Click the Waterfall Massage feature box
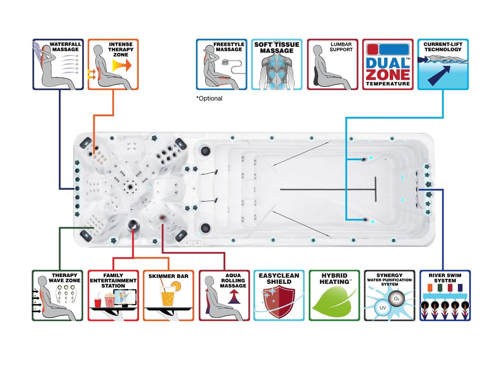(58, 65)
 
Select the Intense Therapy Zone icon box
(113, 65)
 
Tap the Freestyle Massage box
(221, 65)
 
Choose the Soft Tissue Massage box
(276, 65)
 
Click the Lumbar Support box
(332, 65)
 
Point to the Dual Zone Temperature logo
(388, 65)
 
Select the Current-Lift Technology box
(443, 65)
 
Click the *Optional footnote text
(209, 98)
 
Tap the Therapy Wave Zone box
(58, 295)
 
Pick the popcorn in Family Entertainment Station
(109, 300)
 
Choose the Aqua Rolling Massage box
(224, 295)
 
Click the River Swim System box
(445, 295)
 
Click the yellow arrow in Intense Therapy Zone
(122, 65)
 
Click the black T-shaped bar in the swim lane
(375, 190)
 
